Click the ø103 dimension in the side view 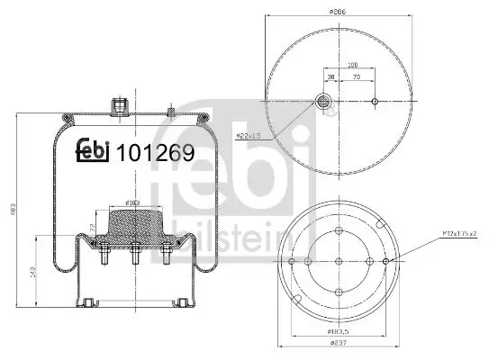pos(131,203)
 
